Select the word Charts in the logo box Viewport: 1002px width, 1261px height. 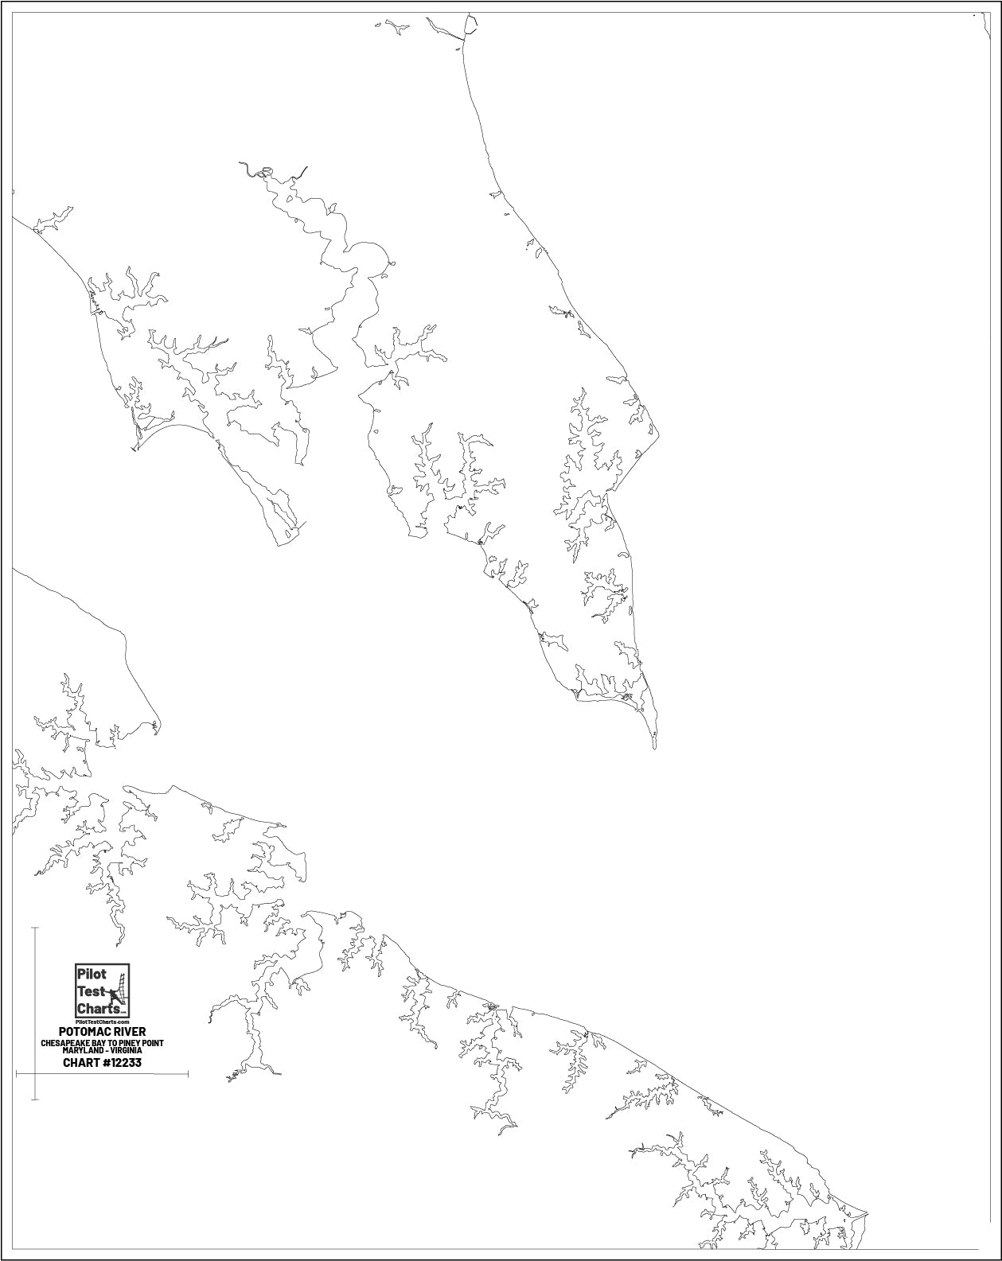click(x=94, y=1008)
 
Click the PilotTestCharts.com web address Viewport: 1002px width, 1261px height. click(x=101, y=1021)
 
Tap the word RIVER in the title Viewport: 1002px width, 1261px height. click(x=129, y=1032)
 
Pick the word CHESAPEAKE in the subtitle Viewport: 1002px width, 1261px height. click(x=64, y=1042)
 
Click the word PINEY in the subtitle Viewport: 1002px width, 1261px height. click(x=132, y=1042)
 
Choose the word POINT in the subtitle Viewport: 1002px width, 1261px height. click(x=154, y=1042)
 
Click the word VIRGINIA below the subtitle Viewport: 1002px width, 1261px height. click(x=126, y=1051)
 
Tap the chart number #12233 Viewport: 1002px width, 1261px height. click(x=123, y=1062)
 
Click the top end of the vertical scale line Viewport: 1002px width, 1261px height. click(x=35, y=928)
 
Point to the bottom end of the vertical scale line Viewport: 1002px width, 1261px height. click(x=35, y=1099)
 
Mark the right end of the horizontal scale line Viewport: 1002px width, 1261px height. click(x=188, y=1074)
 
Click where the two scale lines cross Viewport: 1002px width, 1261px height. click(x=35, y=1074)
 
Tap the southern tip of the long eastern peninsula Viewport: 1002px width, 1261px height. click(x=655, y=748)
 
